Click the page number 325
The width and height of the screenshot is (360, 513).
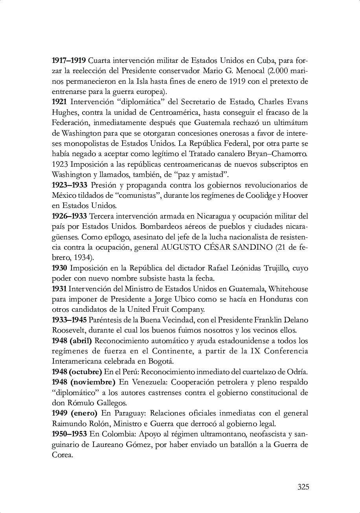click(x=303, y=487)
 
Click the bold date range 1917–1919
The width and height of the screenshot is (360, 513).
click(x=69, y=61)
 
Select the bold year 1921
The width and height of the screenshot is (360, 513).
click(x=59, y=102)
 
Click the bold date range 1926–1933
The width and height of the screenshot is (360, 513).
click(x=70, y=216)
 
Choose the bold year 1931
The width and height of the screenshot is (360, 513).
click(x=59, y=289)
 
